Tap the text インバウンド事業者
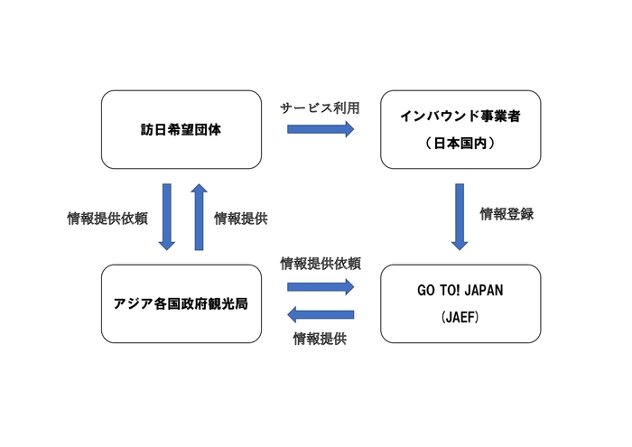coord(460,116)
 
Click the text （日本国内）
coord(460,144)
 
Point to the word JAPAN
coord(482,293)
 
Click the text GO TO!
coord(439,293)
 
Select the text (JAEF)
coord(460,318)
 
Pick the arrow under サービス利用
coord(321,129)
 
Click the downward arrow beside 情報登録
coord(460,217)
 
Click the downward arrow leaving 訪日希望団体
coord(166,217)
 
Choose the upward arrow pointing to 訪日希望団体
coord(199,217)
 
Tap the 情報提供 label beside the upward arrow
coord(240,219)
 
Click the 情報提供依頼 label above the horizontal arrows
coord(321,264)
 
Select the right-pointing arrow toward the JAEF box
coord(321,287)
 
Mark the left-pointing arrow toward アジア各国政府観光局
coord(321,314)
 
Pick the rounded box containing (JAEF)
coord(460,303)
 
